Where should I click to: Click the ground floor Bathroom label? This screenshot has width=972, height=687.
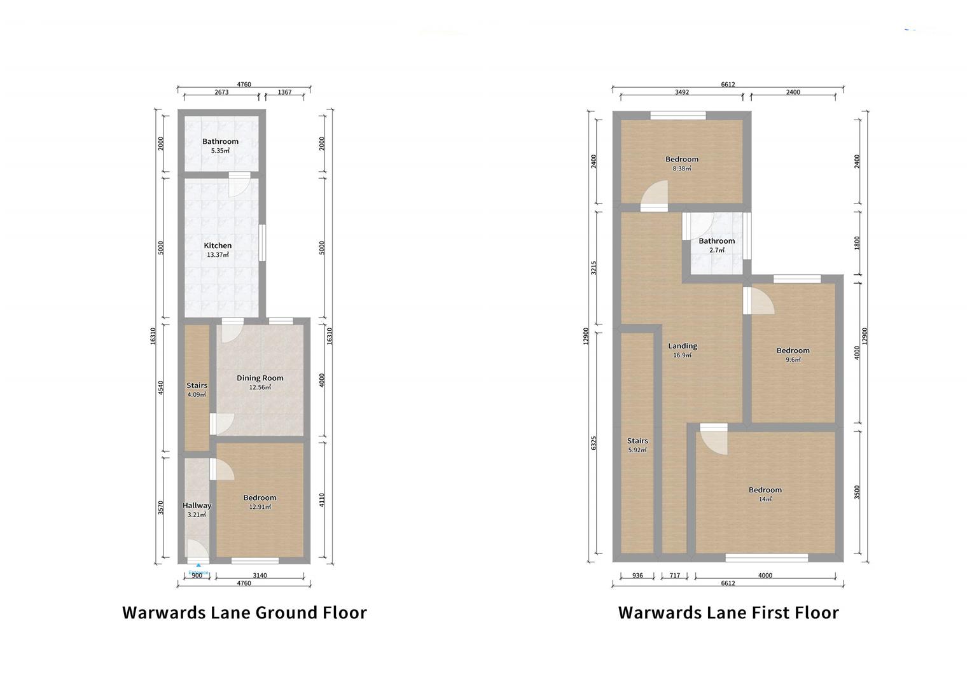click(220, 142)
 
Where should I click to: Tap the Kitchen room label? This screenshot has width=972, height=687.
click(218, 246)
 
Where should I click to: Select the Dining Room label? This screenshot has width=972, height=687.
click(260, 378)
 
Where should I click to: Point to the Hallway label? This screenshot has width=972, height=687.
click(197, 506)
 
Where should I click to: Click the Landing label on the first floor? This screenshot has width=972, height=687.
click(683, 347)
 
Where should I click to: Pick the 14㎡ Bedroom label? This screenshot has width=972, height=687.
click(765, 490)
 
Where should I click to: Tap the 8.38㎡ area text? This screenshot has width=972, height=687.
click(682, 169)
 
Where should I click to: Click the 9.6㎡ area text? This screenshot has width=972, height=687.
click(793, 360)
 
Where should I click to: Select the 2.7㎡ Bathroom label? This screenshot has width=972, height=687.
click(716, 241)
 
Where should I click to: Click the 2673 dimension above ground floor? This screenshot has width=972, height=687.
click(221, 92)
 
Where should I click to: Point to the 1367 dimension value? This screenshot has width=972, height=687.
click(284, 92)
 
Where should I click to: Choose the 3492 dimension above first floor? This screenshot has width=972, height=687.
click(681, 92)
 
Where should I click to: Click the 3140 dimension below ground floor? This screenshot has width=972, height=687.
click(260, 576)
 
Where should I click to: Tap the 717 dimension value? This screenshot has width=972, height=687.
click(674, 576)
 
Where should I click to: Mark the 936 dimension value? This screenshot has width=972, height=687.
click(637, 576)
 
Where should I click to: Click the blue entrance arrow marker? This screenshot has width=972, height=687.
click(198, 565)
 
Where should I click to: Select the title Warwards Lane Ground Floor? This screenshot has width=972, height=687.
click(244, 613)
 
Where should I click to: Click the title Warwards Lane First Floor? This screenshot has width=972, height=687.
click(728, 613)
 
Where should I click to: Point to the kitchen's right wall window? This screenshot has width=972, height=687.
click(262, 242)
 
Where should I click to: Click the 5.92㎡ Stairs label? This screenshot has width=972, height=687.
click(637, 441)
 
